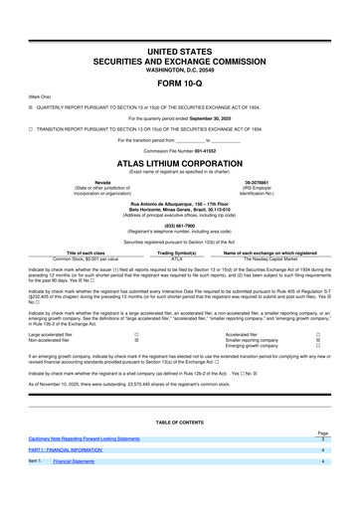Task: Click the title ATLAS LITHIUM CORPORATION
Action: click(180, 163)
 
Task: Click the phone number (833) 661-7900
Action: click(180, 223)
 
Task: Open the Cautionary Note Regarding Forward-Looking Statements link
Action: click(84, 438)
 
